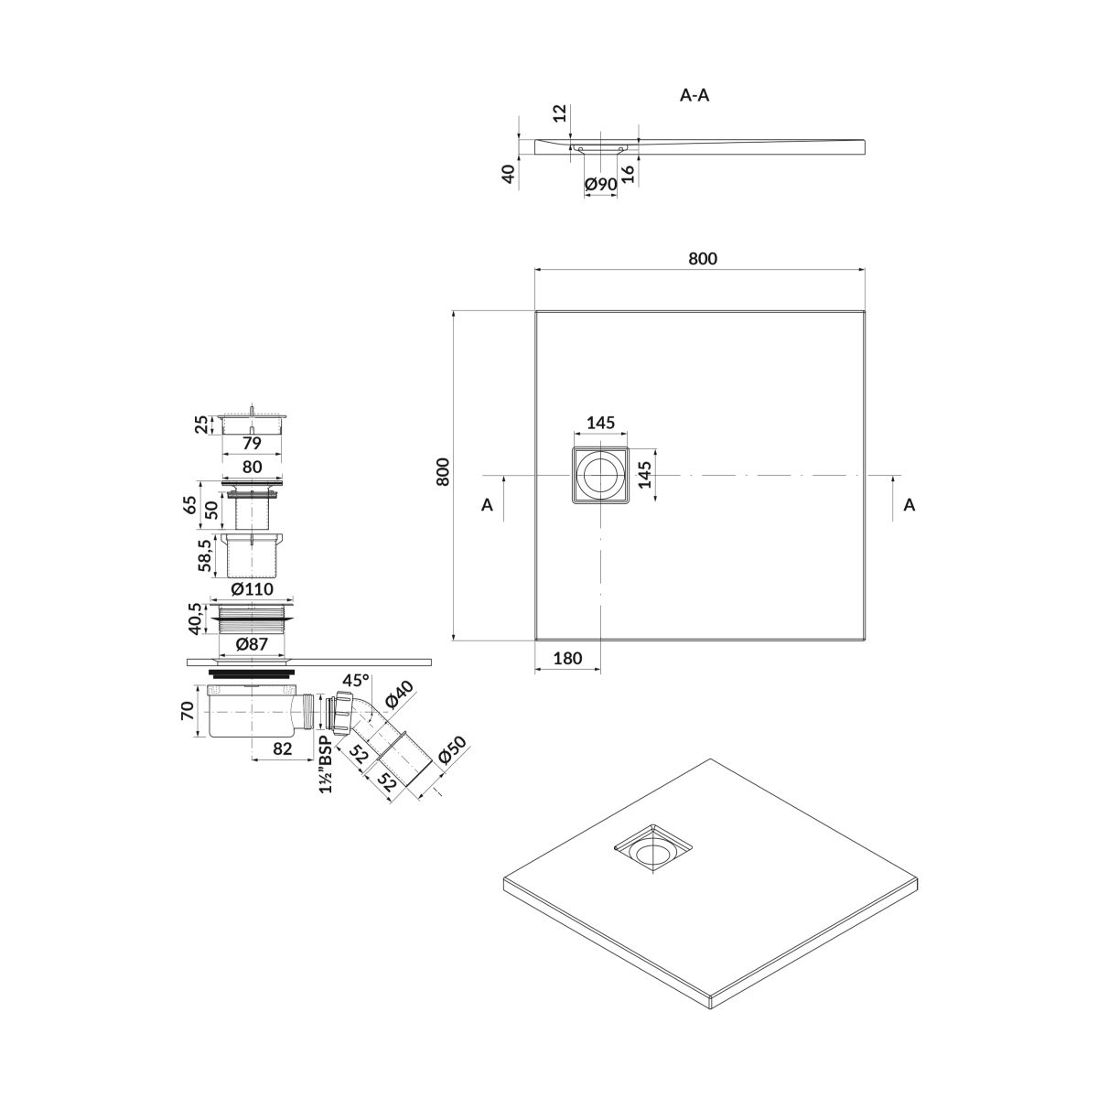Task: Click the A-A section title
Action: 694,95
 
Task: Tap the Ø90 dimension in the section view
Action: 601,184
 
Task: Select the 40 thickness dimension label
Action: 509,173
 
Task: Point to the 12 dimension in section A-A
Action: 561,113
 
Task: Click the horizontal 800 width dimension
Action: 703,259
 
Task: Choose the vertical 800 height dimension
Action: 443,472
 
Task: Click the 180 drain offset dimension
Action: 567,658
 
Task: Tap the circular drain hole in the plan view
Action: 600,475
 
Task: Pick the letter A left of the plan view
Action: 487,505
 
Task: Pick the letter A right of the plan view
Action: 910,505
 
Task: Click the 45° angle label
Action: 356,681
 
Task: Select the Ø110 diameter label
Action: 253,588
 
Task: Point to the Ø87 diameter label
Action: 252,644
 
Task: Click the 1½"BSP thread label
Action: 326,764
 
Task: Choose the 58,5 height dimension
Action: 206,555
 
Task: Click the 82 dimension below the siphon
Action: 283,748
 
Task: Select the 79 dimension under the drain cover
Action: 252,443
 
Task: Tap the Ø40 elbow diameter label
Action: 399,695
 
